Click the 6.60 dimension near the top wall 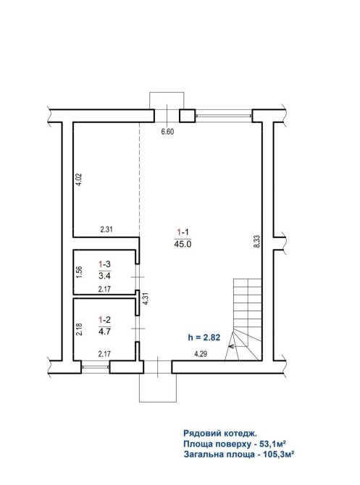tap(167, 132)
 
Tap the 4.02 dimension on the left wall tap(79, 179)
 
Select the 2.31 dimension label tap(106, 229)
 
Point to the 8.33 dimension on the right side tap(256, 241)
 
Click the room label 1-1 tap(183, 232)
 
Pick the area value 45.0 tap(183, 244)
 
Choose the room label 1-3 tap(104, 264)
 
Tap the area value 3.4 tap(104, 275)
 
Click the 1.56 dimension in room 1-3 tap(79, 272)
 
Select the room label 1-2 tap(104, 319)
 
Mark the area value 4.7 tap(104, 332)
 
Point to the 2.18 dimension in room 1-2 tap(79, 329)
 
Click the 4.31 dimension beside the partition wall tap(145, 299)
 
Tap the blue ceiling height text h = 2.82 tap(204, 337)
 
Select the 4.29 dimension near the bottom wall tap(201, 354)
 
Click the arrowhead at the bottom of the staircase tap(230, 347)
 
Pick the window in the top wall tap(224, 116)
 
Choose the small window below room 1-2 tap(96, 367)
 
